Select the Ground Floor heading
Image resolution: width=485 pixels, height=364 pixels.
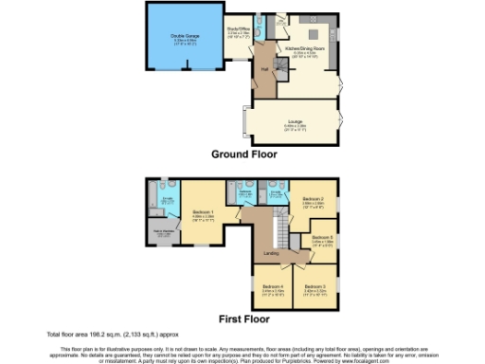coord(243,153)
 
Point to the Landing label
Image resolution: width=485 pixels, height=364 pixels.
coord(269,252)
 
